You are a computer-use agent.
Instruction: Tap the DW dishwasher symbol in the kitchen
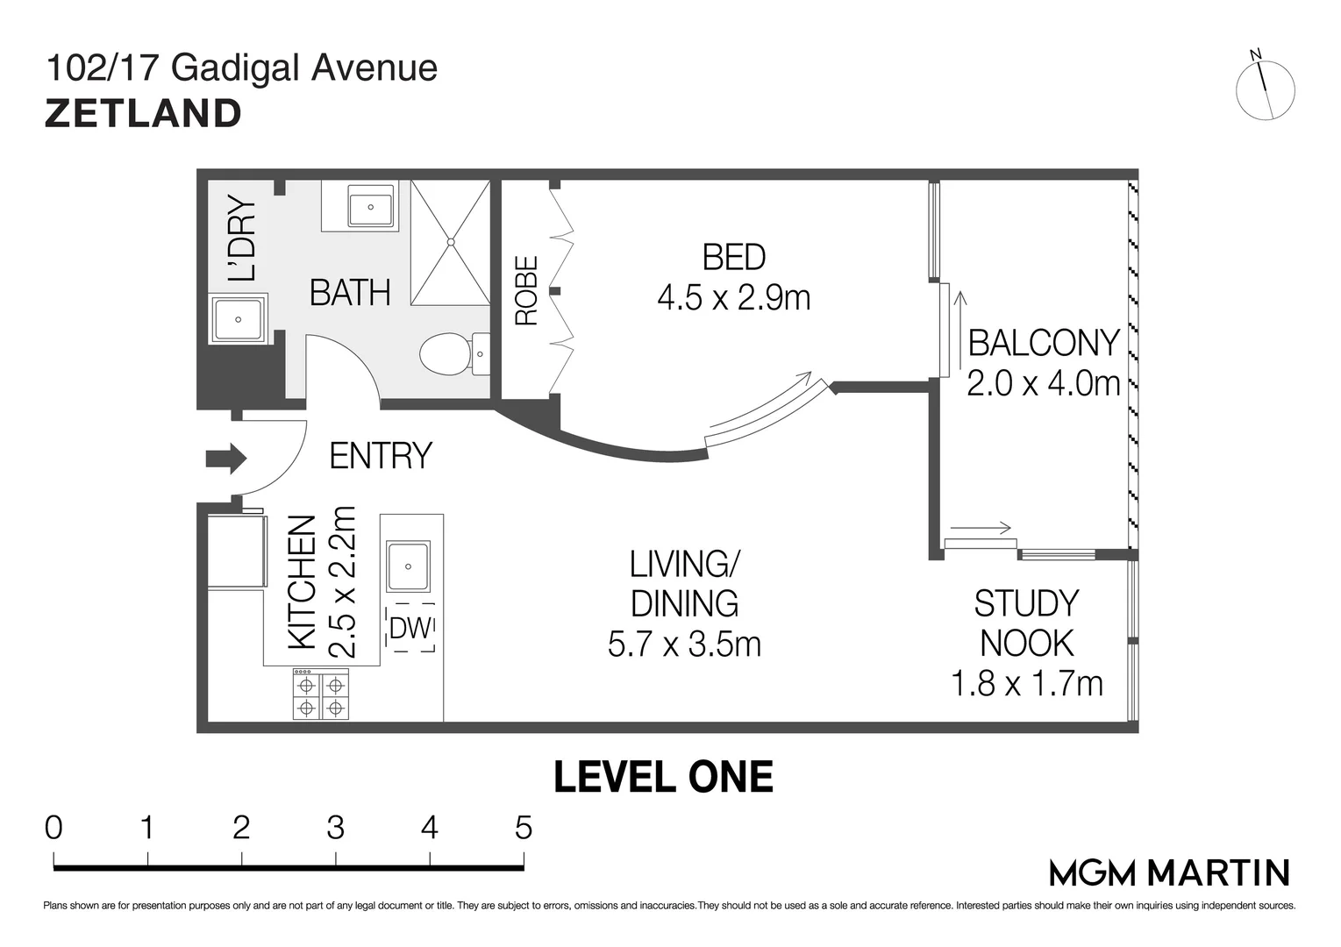click(x=410, y=628)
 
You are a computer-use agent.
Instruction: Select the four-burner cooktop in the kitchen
click(x=321, y=694)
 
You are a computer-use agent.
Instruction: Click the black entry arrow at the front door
click(x=226, y=459)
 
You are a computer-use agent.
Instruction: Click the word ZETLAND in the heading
click(x=143, y=114)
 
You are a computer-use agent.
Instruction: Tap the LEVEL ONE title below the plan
click(x=663, y=777)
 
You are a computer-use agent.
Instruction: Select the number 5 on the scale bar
click(x=524, y=828)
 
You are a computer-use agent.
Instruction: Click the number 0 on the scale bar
click(x=53, y=828)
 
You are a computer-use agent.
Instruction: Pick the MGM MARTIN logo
click(x=1169, y=873)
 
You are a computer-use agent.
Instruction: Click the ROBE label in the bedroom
click(x=527, y=291)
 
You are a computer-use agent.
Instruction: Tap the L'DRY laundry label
click(x=242, y=239)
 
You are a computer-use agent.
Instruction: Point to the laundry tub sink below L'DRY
click(x=239, y=319)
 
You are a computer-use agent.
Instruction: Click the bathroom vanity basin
click(x=371, y=207)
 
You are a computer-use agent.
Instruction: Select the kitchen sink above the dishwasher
click(x=409, y=566)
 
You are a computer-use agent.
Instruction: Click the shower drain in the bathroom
click(x=451, y=242)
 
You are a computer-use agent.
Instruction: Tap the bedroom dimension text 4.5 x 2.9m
click(x=734, y=297)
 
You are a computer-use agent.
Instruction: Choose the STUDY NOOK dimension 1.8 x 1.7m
click(x=1027, y=684)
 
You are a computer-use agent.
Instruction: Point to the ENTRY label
click(x=381, y=456)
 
